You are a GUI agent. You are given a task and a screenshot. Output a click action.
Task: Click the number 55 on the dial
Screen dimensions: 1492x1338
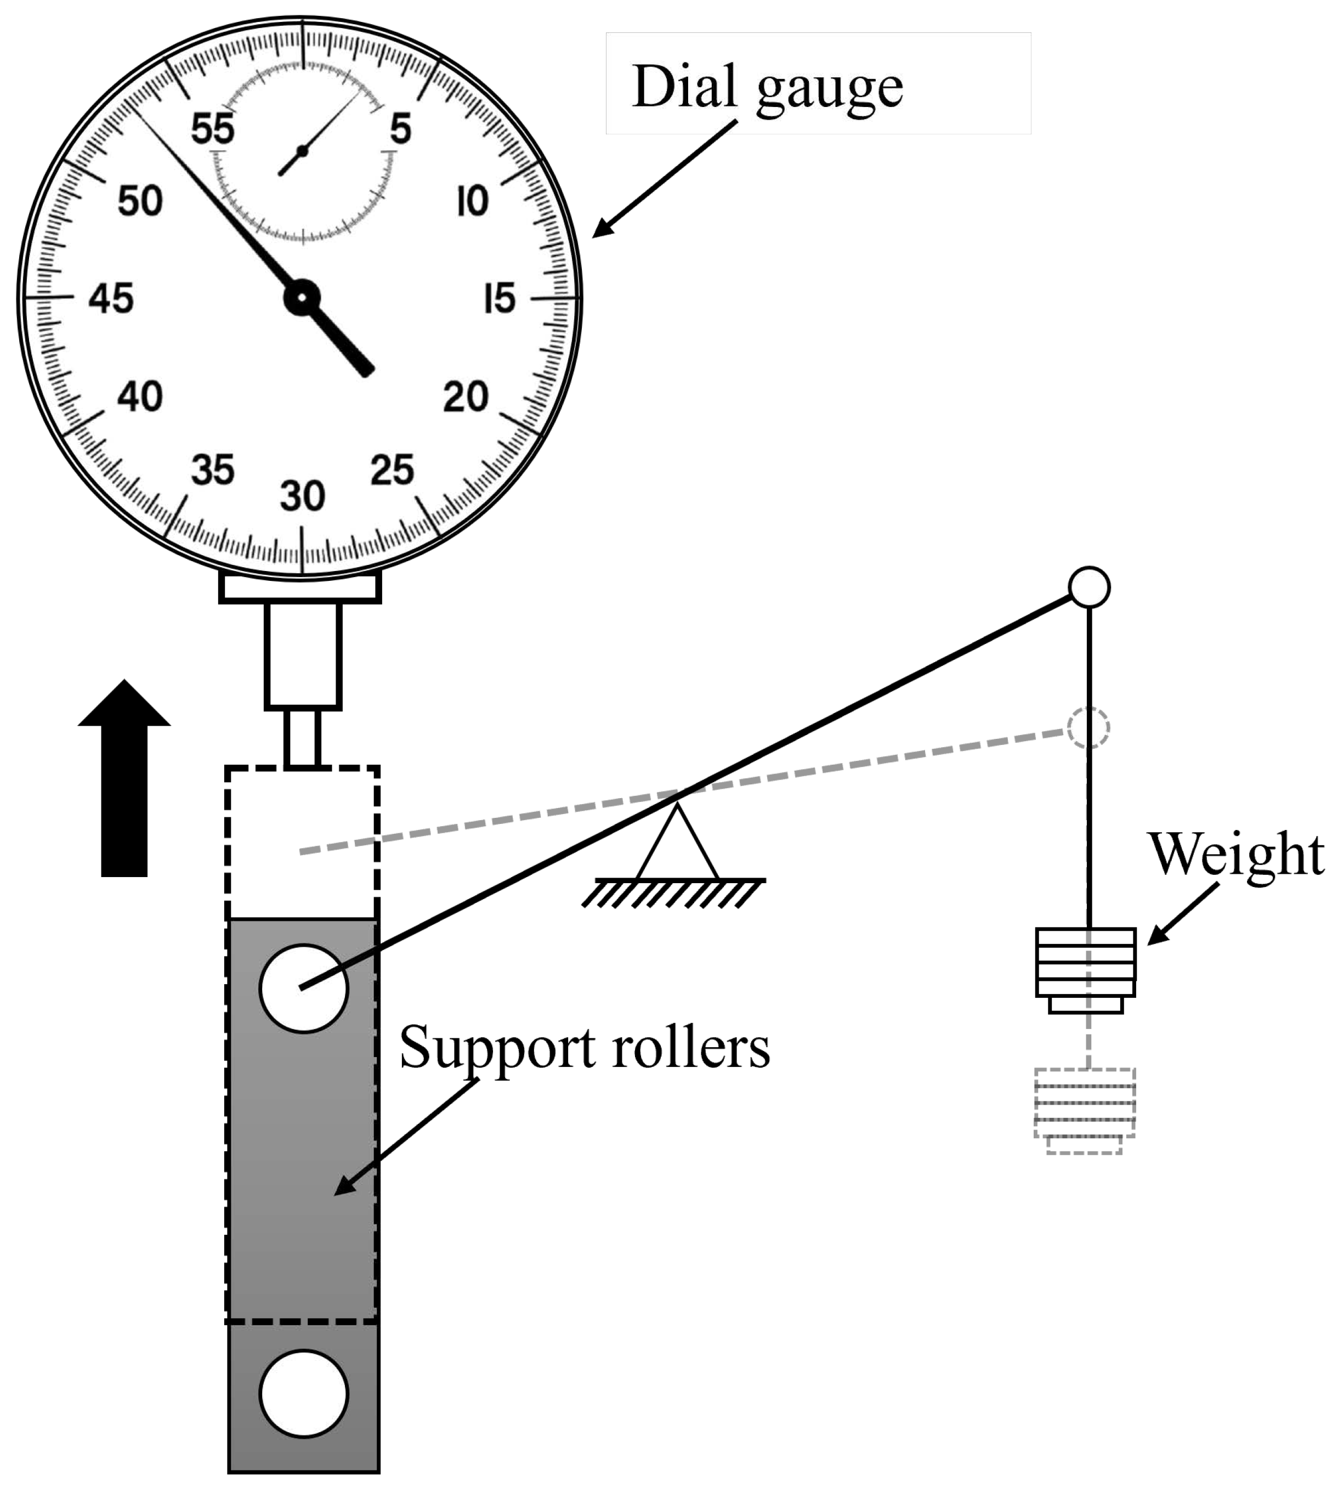click(212, 129)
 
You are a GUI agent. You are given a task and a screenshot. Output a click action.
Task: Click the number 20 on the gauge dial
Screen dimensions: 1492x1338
click(466, 397)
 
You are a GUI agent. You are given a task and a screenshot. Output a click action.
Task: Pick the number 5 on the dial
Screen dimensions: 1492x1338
click(401, 129)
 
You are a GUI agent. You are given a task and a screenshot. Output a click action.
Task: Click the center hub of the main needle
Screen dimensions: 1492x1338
click(302, 298)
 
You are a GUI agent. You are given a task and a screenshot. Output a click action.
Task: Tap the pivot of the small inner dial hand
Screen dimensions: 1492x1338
click(302, 151)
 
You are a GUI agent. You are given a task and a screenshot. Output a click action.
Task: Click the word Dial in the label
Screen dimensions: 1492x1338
click(684, 87)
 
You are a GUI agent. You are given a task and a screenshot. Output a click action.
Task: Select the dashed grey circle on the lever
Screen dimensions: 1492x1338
click(1088, 727)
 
